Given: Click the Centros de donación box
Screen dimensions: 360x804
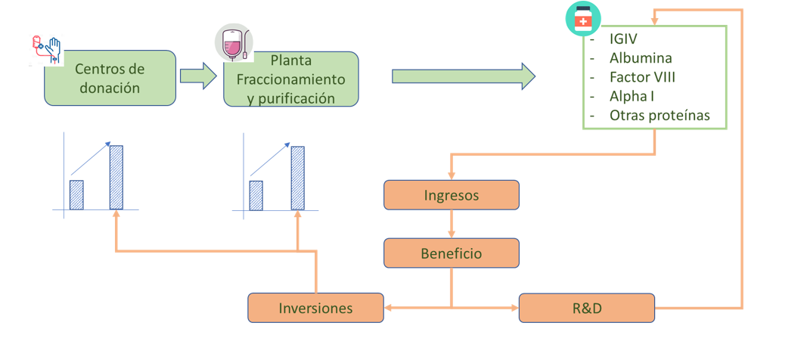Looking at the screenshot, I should click(110, 78).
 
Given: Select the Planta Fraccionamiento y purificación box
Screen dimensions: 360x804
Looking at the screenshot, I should click(290, 79).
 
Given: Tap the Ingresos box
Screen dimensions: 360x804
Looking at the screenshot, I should click(452, 195).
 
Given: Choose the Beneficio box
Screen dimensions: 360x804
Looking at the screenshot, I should click(452, 253).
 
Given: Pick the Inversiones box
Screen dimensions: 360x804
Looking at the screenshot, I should click(315, 308).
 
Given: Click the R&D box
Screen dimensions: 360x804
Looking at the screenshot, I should click(586, 308).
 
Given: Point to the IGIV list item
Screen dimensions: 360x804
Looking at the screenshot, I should click(628, 39).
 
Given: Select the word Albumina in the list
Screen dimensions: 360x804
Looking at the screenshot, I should click(641, 58).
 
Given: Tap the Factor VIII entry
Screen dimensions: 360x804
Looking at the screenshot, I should click(642, 77).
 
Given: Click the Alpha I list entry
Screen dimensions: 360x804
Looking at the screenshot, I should click(632, 97).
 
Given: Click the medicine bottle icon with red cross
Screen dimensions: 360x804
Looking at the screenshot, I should click(583, 20).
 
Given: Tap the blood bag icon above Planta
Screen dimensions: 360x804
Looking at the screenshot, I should click(234, 42).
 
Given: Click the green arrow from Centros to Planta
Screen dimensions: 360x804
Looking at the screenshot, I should click(199, 76).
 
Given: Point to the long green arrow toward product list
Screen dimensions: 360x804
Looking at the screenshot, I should click(463, 76).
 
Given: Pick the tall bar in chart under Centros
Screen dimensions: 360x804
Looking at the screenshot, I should click(116, 178).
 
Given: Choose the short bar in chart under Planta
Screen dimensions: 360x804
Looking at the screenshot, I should click(256, 195).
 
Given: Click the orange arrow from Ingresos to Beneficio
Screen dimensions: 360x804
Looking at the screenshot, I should click(452, 224).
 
